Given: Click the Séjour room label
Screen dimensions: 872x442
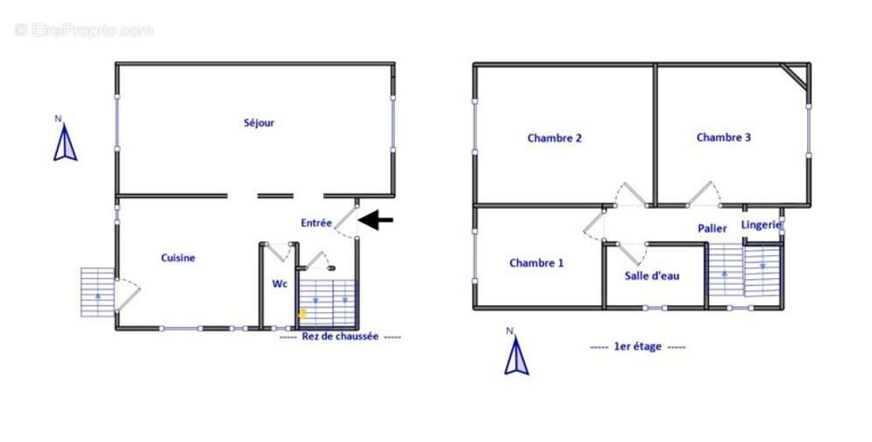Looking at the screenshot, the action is pos(259,123).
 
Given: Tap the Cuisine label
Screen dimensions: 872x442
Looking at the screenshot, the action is pos(178,258).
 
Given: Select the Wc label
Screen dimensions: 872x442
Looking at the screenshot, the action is pos(280,284).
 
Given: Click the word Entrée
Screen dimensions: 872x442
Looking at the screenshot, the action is pos(315,223).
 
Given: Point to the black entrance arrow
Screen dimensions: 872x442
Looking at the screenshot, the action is pos(375,220).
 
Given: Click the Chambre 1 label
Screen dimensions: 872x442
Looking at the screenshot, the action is pos(536,263).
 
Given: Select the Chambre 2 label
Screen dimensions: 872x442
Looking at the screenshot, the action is pos(555,138).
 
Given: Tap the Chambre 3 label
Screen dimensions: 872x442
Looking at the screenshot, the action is pos(724,137).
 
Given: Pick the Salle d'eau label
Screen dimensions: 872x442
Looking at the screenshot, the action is pos(652,275).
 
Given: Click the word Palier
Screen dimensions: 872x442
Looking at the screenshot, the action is pos(712,228).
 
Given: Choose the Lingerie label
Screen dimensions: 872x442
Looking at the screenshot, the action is pos(762,225).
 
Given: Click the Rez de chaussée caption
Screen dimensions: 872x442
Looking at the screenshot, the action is pos(340,336).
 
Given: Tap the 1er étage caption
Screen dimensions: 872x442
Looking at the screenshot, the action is pos(637,346).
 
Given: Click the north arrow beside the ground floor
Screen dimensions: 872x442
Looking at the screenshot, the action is pos(65,143).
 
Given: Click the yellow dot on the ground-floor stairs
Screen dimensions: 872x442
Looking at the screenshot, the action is pos(302,313).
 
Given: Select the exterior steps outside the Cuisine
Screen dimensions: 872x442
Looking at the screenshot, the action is pos(98,292).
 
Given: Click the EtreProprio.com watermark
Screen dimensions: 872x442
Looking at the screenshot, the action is pos(83,30).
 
